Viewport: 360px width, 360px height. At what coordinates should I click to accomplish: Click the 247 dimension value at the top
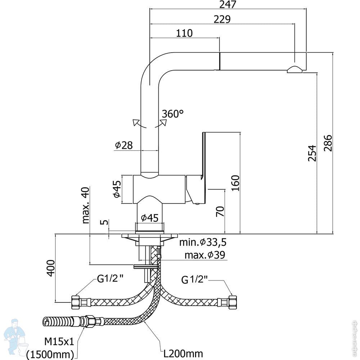[x=228, y=5]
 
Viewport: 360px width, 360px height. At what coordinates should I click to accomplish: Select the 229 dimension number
[x=222, y=19]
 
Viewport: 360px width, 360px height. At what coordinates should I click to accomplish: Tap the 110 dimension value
[x=184, y=33]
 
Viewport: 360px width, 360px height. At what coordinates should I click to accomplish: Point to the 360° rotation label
[x=173, y=114]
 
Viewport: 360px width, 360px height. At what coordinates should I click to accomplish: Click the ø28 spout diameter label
[x=124, y=145]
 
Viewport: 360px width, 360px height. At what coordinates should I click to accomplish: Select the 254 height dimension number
[x=312, y=153]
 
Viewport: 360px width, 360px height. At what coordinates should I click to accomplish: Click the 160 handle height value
[x=235, y=183]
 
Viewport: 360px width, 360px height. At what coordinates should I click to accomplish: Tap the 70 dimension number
[x=220, y=211]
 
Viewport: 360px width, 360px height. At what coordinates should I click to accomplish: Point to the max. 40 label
[x=85, y=205]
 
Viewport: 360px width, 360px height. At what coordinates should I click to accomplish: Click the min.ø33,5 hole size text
[x=203, y=242]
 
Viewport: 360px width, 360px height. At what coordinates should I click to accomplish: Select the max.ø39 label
[x=205, y=255]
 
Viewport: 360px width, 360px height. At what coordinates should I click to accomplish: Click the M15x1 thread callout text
[x=59, y=342]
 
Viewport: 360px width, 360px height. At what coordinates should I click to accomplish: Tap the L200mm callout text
[x=183, y=354]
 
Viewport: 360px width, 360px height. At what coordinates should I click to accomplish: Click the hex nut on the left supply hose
[x=76, y=302]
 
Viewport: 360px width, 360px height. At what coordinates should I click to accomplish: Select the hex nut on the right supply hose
[x=232, y=302]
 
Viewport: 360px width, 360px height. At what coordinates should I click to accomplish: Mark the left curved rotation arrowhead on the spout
[x=135, y=122]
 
